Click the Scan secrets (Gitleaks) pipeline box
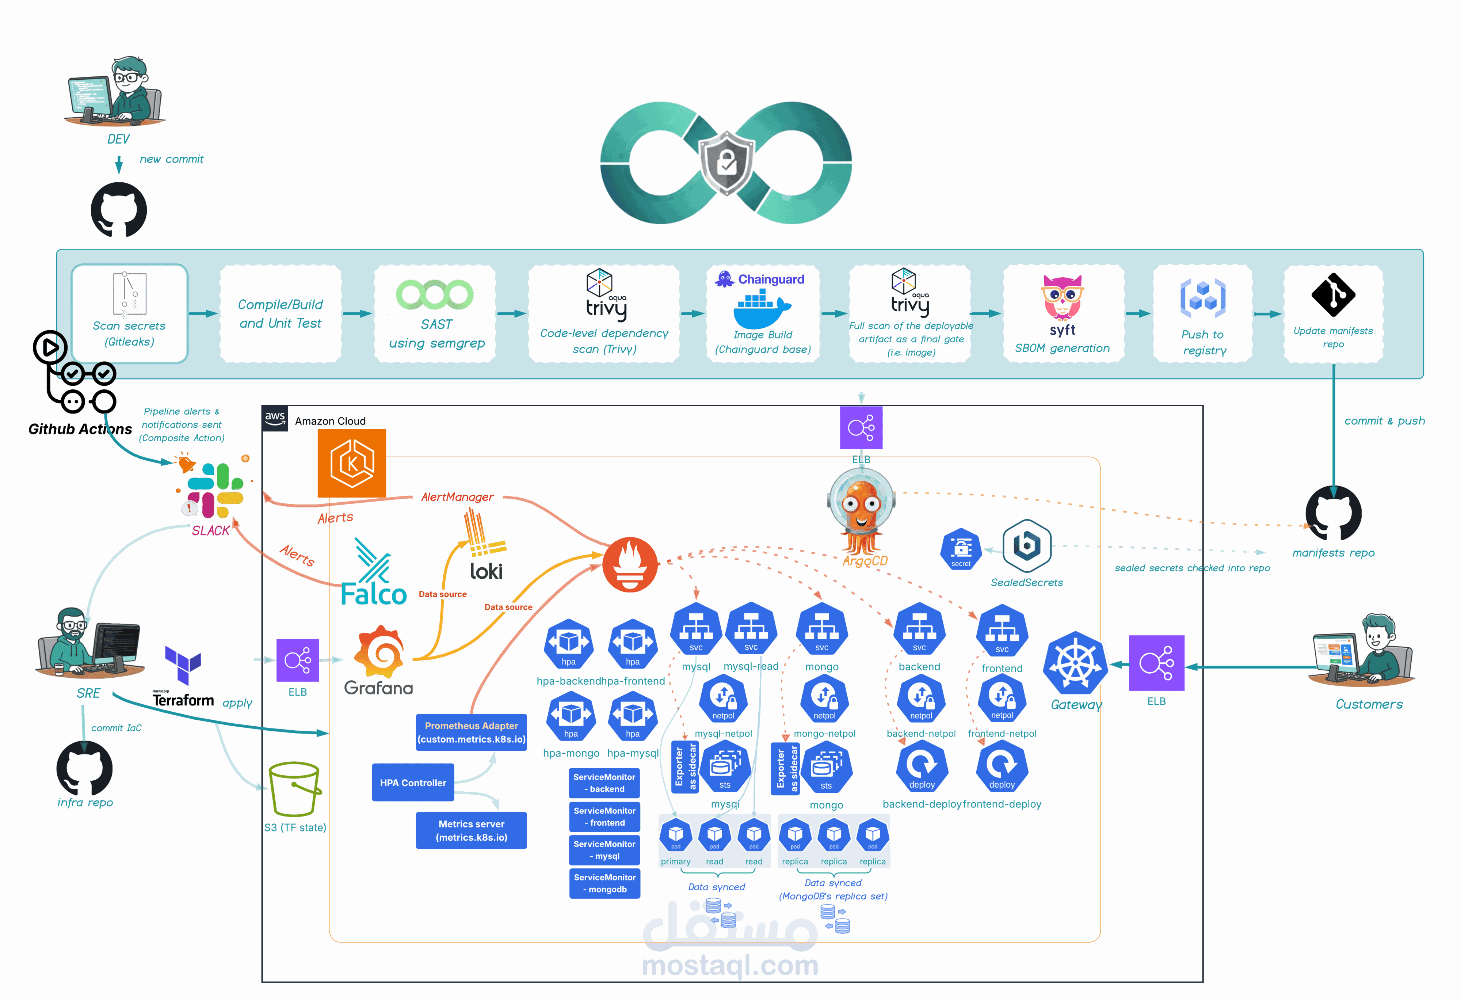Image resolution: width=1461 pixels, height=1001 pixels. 130,313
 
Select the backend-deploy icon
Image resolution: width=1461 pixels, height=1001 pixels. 922,766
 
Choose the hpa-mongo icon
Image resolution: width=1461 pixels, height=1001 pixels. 571,716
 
